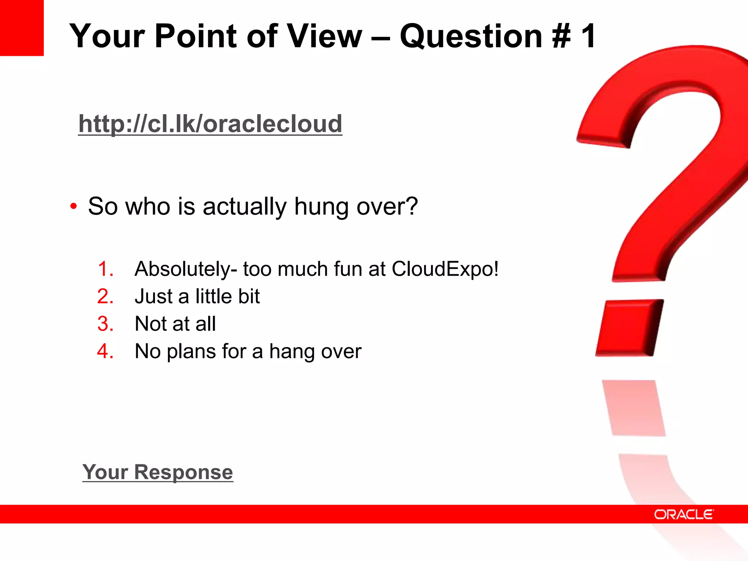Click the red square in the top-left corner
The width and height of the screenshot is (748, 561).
point(22,27)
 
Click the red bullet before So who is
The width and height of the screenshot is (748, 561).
point(73,206)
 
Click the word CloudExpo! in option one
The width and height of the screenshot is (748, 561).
point(445,269)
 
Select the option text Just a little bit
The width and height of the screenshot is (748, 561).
point(197,296)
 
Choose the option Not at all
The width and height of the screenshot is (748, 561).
point(175,324)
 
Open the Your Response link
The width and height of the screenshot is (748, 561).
point(157,472)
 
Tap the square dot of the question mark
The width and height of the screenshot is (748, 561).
point(630,327)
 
